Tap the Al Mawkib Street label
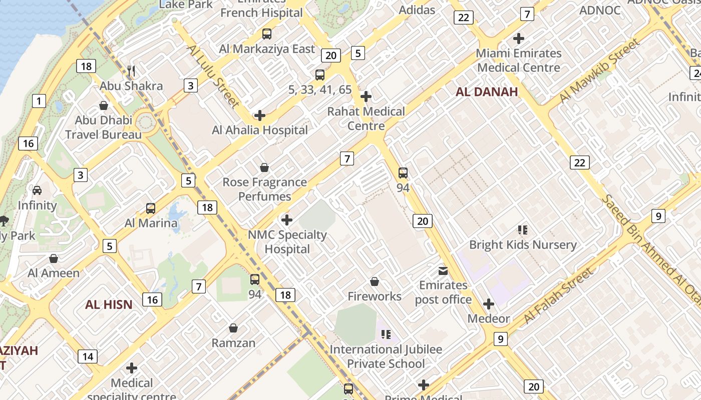(599, 70)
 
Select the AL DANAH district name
(486, 92)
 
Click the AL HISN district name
(109, 304)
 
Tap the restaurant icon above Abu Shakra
(131, 71)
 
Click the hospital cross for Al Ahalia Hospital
(259, 115)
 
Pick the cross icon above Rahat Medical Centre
(366, 96)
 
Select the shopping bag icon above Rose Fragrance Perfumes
(264, 167)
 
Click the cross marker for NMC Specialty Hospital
(287, 220)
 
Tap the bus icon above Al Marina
(151, 208)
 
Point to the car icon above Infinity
(37, 190)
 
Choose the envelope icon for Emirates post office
(443, 271)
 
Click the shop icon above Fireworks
(375, 282)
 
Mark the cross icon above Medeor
(488, 304)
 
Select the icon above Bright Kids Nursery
(523, 230)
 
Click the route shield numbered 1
(39, 101)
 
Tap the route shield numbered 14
(88, 356)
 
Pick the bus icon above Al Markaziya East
(267, 34)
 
